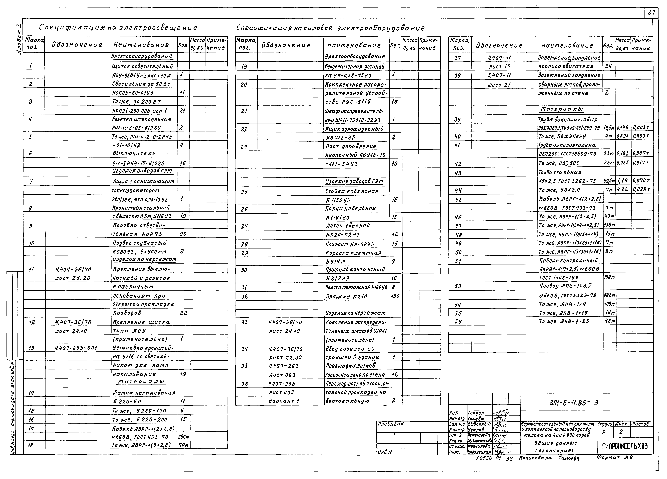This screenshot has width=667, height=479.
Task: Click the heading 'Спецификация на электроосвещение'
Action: coord(118,28)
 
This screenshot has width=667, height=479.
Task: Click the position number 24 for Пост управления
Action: coord(244,147)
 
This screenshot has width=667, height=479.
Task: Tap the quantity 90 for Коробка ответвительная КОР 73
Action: coord(183,234)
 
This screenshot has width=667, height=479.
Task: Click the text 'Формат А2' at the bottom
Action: coord(615,458)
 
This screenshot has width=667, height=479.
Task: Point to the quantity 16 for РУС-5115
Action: coord(394,102)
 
